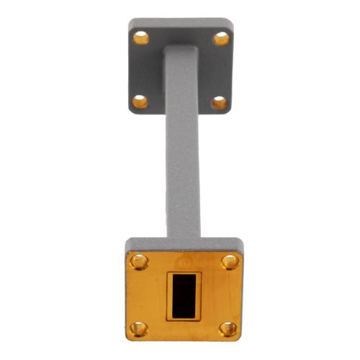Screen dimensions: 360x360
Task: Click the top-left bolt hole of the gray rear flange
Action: click(142, 37)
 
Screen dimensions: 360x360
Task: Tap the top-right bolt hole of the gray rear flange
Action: click(221, 37)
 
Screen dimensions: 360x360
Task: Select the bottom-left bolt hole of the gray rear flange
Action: click(140, 102)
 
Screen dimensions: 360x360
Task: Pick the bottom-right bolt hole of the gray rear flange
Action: click(219, 103)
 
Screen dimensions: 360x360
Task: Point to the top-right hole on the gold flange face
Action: click(229, 261)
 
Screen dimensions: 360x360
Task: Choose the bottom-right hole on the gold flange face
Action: click(228, 329)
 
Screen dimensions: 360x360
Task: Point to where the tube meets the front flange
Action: click(183, 237)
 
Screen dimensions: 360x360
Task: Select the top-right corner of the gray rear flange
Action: click(231, 21)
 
